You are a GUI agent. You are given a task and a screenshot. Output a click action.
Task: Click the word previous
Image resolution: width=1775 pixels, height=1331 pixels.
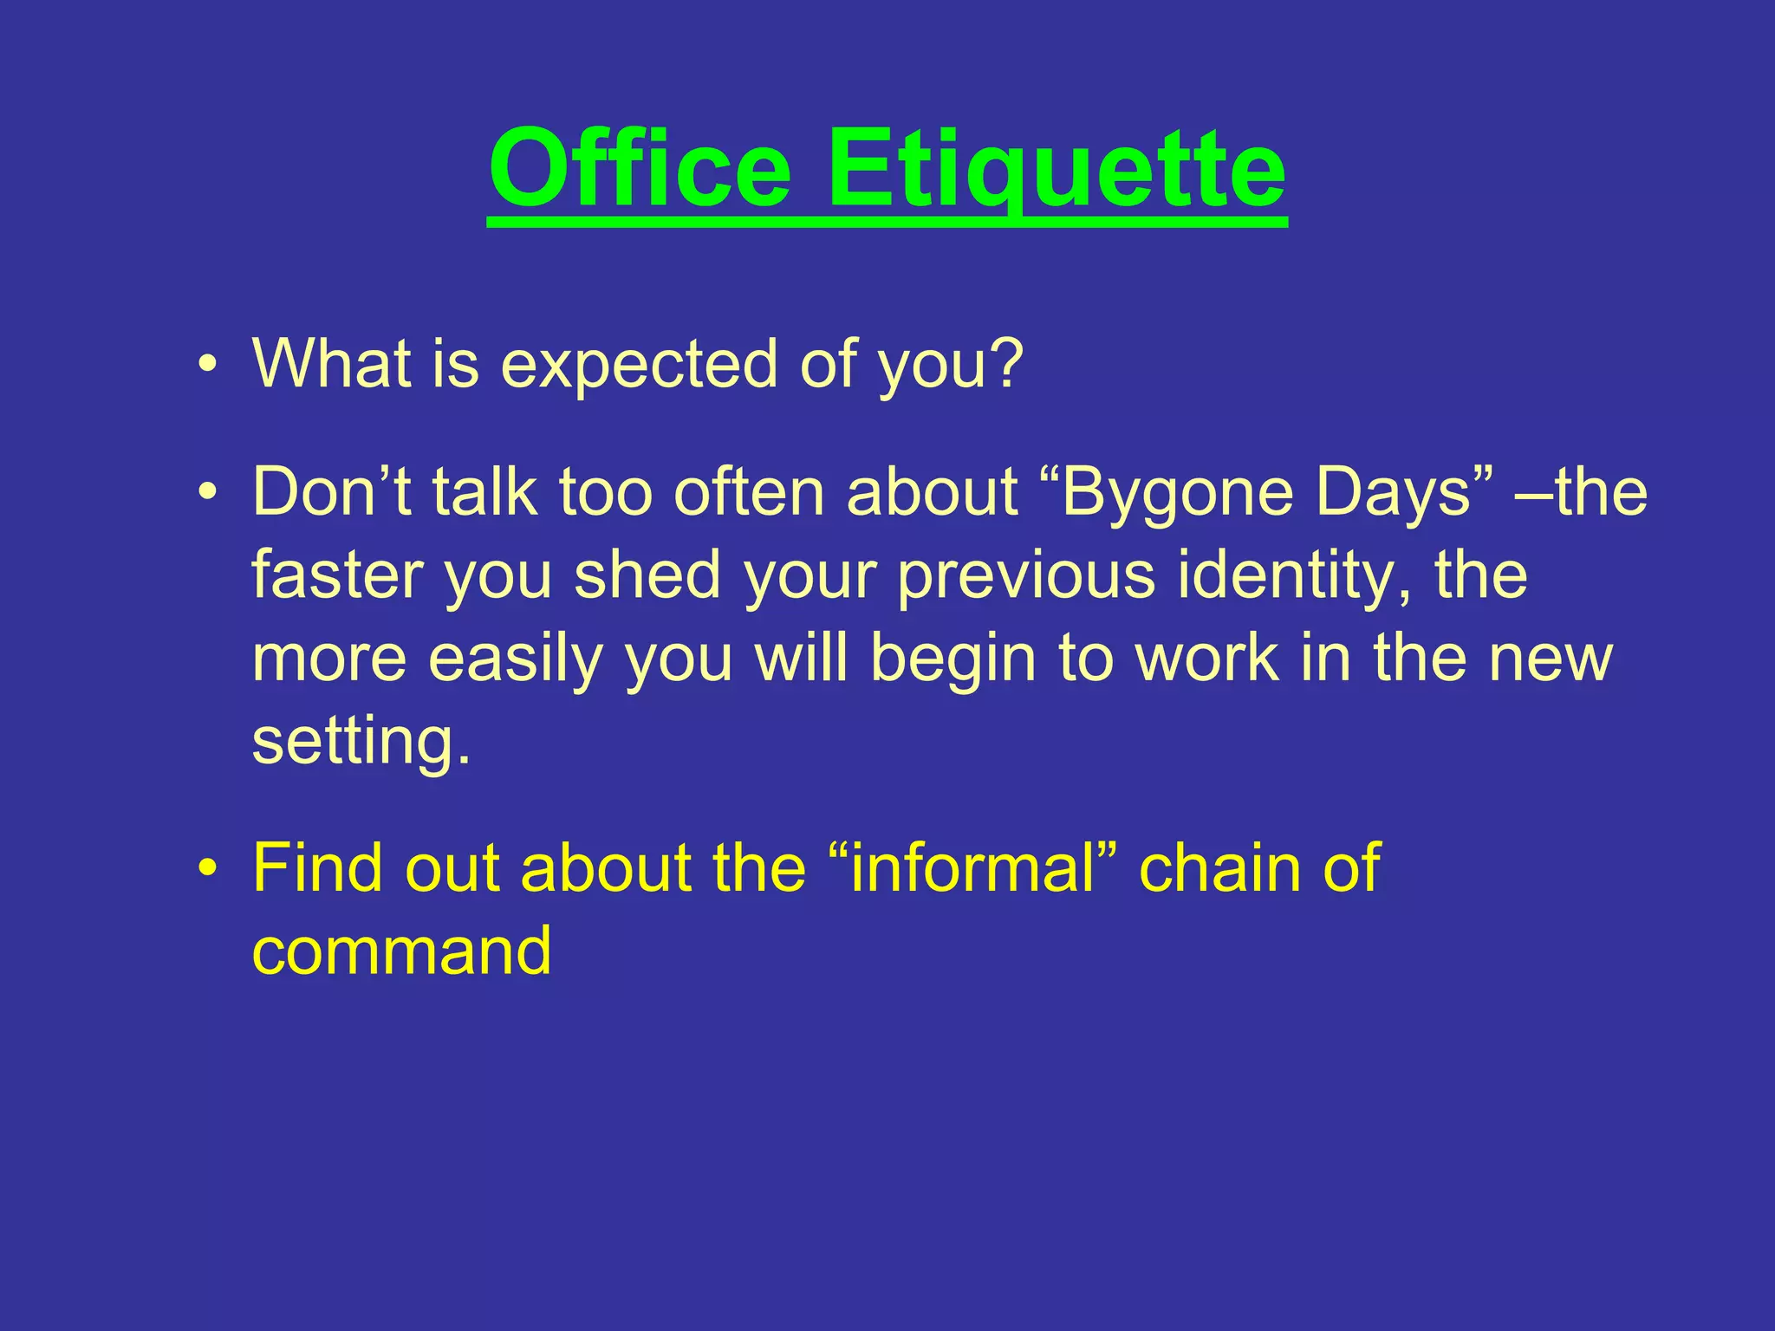[x=1026, y=575]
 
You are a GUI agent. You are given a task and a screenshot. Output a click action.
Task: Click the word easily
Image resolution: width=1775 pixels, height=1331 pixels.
[x=515, y=659]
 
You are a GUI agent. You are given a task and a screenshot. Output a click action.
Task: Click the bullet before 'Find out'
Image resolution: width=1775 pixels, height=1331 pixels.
[x=206, y=868]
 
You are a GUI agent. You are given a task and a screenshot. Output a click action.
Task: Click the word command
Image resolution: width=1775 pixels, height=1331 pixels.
[x=401, y=951]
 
